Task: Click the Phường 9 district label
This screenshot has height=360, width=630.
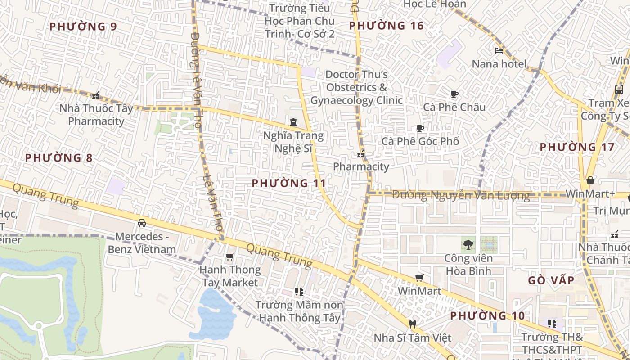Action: click(x=83, y=27)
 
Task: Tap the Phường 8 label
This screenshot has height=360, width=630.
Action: click(x=58, y=158)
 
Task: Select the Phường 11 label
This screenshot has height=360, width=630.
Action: click(x=289, y=183)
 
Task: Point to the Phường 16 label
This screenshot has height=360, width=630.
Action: click(x=387, y=26)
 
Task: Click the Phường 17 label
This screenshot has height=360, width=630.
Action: click(x=577, y=147)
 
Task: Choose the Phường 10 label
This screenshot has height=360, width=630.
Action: click(x=487, y=316)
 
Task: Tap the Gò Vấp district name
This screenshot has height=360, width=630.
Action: click(x=551, y=280)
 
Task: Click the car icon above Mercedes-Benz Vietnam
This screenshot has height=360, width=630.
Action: click(x=142, y=223)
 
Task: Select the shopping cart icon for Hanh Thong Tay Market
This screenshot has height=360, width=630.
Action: click(x=230, y=257)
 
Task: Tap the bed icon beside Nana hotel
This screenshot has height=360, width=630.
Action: click(x=499, y=51)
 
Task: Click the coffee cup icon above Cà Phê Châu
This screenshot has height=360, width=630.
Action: click(x=454, y=94)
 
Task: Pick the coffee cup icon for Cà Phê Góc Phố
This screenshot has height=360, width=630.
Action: click(x=420, y=128)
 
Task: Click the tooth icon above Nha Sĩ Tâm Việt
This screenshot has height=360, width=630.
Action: click(x=412, y=324)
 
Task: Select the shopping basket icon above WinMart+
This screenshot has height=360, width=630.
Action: click(x=590, y=181)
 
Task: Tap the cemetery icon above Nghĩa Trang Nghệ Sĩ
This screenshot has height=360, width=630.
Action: click(x=293, y=122)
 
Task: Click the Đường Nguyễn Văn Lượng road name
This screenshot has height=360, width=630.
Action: click(x=461, y=195)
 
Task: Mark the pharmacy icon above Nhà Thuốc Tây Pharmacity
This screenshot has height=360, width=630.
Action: click(x=96, y=95)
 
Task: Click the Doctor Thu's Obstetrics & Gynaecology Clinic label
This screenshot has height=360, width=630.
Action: click(x=356, y=87)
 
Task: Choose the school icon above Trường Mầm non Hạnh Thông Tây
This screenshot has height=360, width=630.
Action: click(x=299, y=292)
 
